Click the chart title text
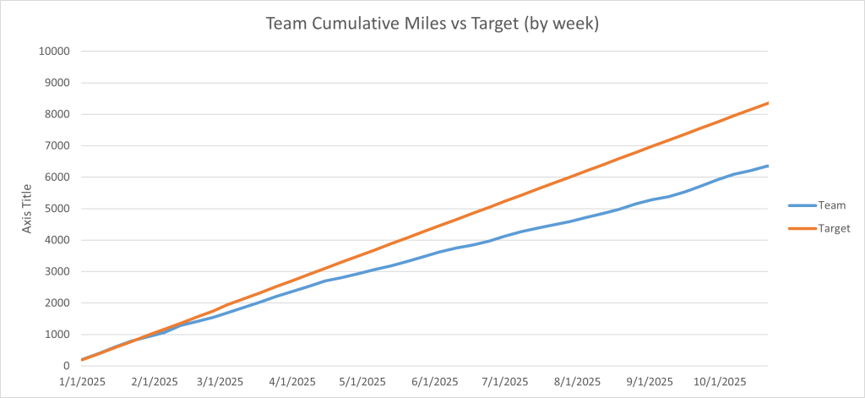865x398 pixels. tap(432, 24)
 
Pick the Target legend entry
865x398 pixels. tap(835, 228)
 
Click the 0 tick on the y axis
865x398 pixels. tap(64, 366)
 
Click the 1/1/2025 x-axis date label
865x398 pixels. tap(82, 381)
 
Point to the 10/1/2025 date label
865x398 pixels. tap(720, 381)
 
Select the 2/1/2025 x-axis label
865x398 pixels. tap(155, 381)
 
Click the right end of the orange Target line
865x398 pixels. tap(767, 103)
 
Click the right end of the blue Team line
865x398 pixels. tap(767, 166)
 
